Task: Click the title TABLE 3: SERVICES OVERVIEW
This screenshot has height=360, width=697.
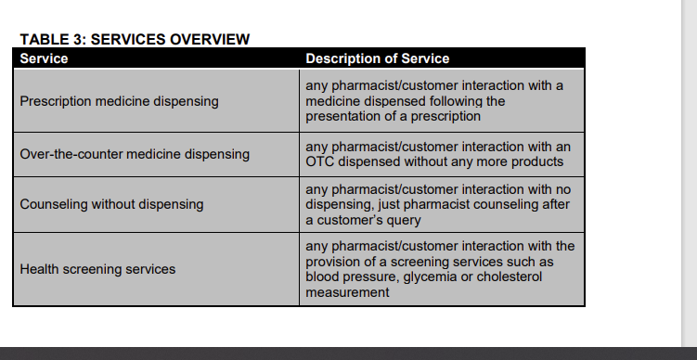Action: (135, 39)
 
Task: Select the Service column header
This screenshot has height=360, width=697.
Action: (44, 58)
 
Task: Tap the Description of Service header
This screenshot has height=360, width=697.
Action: (377, 58)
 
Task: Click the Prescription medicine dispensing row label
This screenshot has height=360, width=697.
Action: (120, 101)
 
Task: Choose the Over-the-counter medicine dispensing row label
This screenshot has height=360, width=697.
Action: (135, 154)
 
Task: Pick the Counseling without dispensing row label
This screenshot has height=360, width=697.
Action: (111, 204)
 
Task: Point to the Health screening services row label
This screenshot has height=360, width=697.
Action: (97, 269)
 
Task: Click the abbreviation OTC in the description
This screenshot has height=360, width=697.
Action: (320, 161)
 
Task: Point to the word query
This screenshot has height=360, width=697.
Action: (401, 221)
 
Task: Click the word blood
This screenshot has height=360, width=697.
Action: (323, 276)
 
